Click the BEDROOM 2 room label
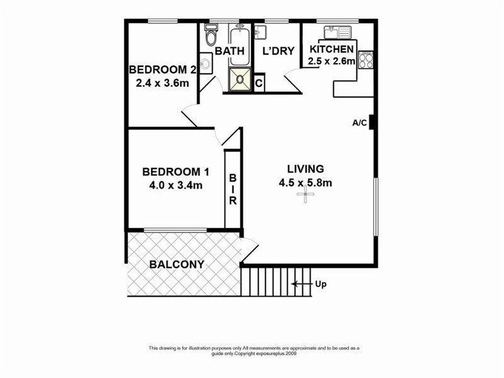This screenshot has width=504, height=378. (163, 69)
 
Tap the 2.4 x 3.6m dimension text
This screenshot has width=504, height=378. (163, 82)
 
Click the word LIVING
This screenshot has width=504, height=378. (306, 169)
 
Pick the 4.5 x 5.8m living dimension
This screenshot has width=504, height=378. (306, 183)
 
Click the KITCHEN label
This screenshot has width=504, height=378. (331, 50)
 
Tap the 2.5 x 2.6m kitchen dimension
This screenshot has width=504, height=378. (331, 61)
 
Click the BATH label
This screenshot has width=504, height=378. (226, 50)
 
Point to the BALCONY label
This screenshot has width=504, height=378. (176, 265)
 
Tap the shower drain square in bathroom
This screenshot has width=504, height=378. (239, 79)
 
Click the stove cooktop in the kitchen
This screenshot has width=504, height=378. (366, 60)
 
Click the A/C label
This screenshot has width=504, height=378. (359, 123)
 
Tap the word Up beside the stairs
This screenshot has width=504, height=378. (321, 284)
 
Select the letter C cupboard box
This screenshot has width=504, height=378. (259, 83)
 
